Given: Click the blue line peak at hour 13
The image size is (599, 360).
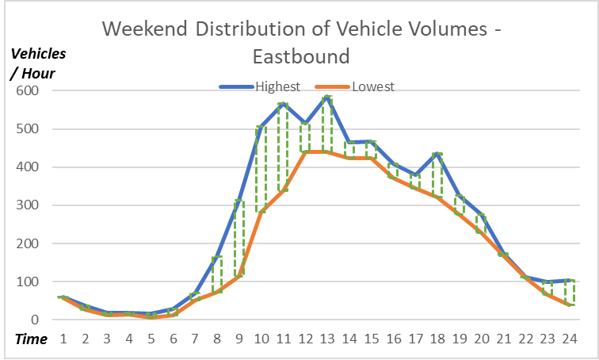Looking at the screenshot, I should (x=326, y=97).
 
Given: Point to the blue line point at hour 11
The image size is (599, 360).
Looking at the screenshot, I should (x=283, y=104).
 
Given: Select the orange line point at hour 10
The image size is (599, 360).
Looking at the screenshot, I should (x=261, y=211).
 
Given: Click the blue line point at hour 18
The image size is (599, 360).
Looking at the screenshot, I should (x=437, y=153).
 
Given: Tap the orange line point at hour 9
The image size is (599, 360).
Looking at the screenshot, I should (x=238, y=275).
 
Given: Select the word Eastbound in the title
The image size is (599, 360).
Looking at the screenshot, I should (x=300, y=56).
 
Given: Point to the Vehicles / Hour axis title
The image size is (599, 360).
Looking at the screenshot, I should (x=38, y=62).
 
